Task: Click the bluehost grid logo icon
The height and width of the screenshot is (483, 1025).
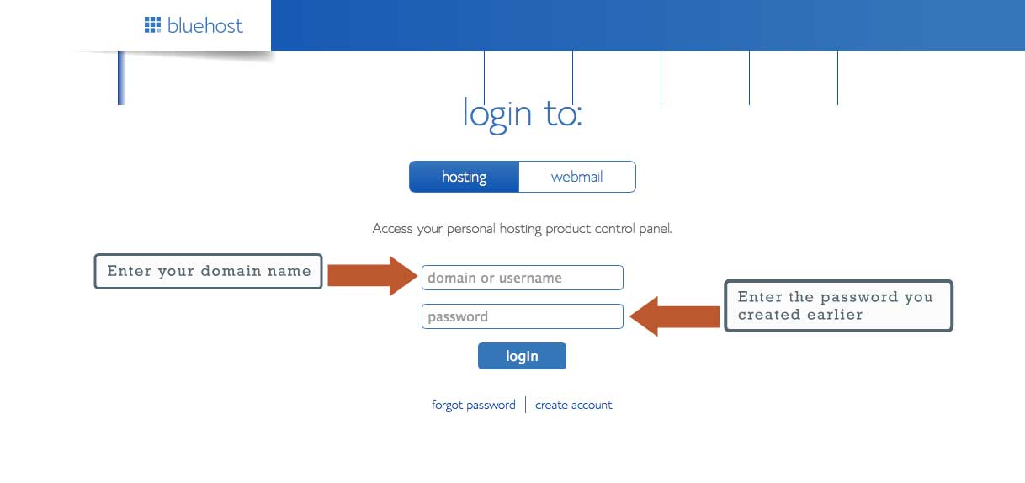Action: pos(153,24)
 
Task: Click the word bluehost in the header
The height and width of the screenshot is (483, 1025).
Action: pos(205,25)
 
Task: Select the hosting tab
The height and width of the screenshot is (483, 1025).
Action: pos(464,177)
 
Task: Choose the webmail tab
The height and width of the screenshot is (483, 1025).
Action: pos(577,177)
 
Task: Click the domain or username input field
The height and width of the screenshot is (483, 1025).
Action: pos(522,278)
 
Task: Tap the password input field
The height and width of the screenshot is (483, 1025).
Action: pos(522,316)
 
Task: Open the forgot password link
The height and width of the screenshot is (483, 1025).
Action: pos(474,406)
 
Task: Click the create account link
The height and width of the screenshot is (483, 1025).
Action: pos(573,405)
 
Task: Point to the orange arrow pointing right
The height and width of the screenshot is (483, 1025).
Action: pos(373,276)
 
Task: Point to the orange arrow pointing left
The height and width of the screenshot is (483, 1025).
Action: pos(674,316)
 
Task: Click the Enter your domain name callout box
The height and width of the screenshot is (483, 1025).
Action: pos(208,271)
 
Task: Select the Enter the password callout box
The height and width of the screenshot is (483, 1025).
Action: pos(838,306)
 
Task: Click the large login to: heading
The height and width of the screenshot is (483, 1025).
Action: pos(522,114)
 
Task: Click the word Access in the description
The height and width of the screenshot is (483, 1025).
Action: pos(393,228)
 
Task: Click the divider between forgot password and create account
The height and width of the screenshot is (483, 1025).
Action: pos(525,405)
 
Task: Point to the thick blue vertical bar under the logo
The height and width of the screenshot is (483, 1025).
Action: pos(121,78)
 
